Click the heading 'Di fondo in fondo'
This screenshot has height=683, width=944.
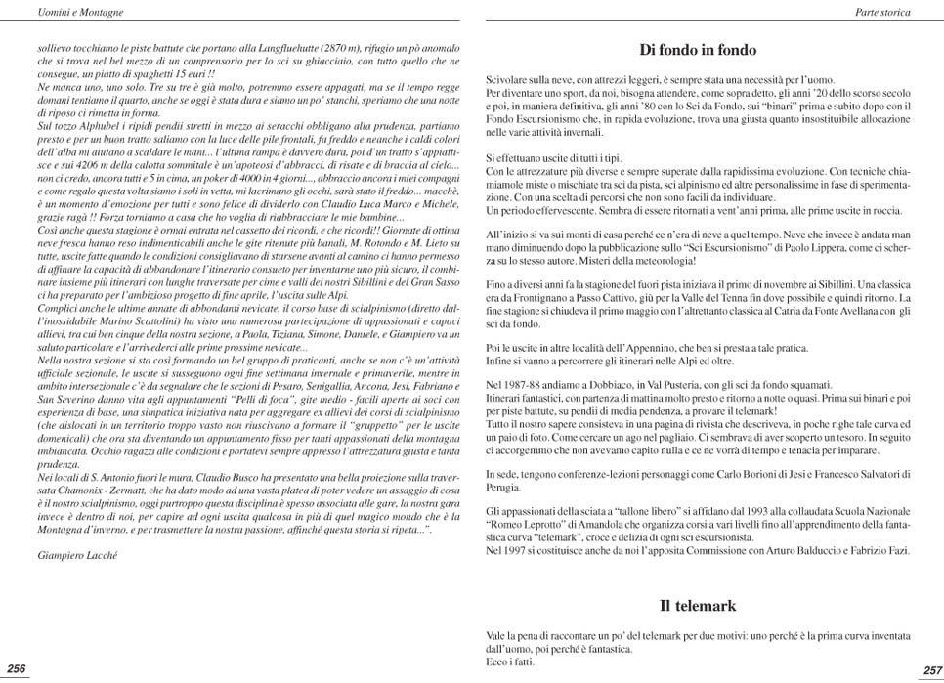(698, 50)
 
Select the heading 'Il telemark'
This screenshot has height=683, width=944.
(697, 606)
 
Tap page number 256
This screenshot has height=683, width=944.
(17, 668)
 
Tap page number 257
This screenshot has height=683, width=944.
(930, 670)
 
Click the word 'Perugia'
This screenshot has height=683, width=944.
(503, 486)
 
